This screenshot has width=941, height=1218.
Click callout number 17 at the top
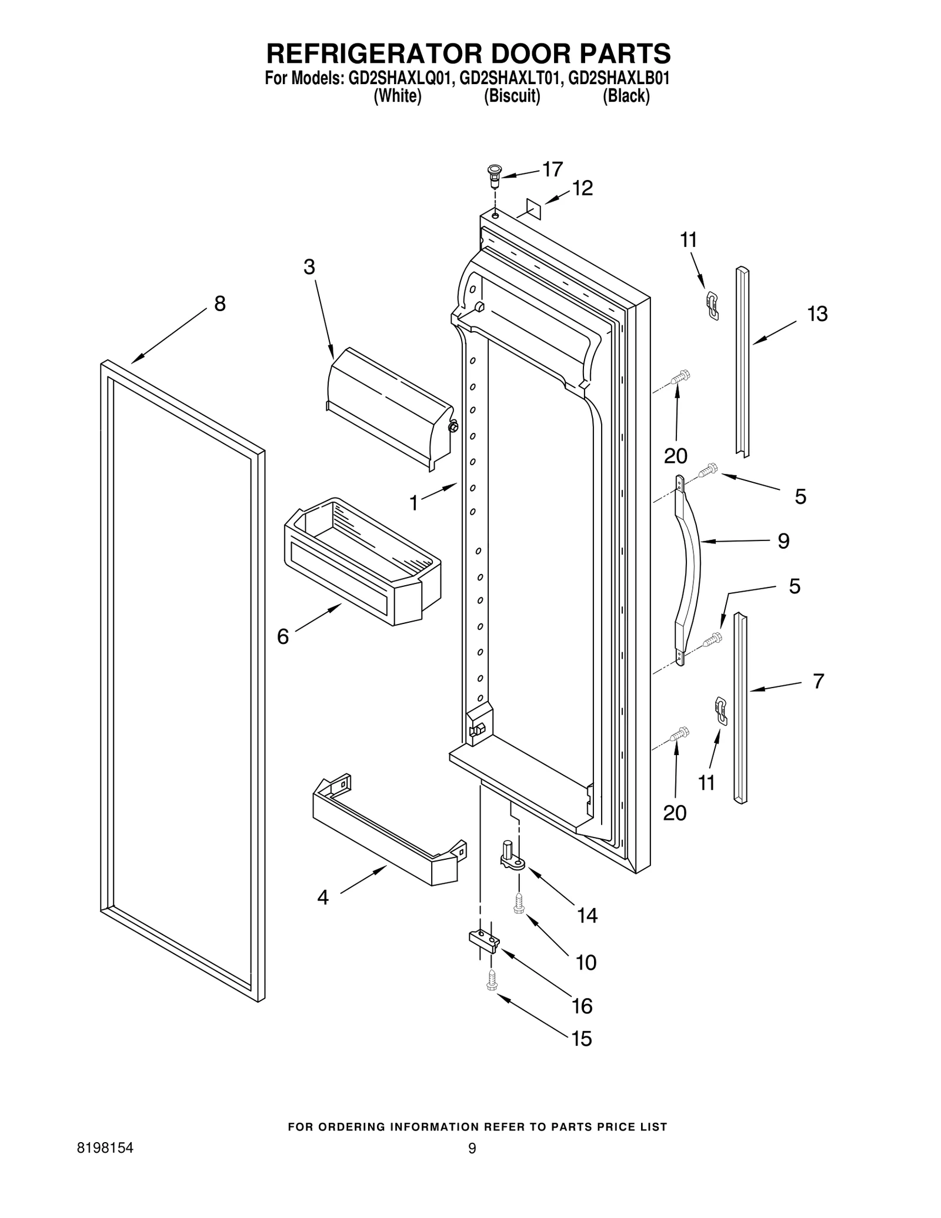click(552, 169)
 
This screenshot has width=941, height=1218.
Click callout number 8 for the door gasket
click(219, 304)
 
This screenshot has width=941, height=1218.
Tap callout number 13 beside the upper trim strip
click(817, 314)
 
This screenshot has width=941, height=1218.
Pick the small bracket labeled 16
click(483, 942)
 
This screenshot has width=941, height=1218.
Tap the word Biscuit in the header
click(511, 96)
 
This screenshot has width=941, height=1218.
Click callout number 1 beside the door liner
click(413, 503)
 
